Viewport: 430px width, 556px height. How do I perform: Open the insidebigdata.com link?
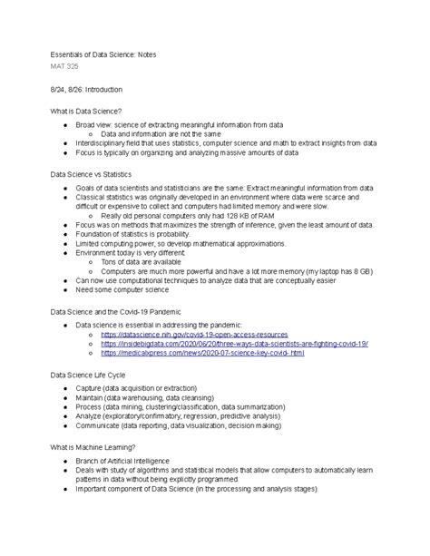(x=236, y=345)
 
